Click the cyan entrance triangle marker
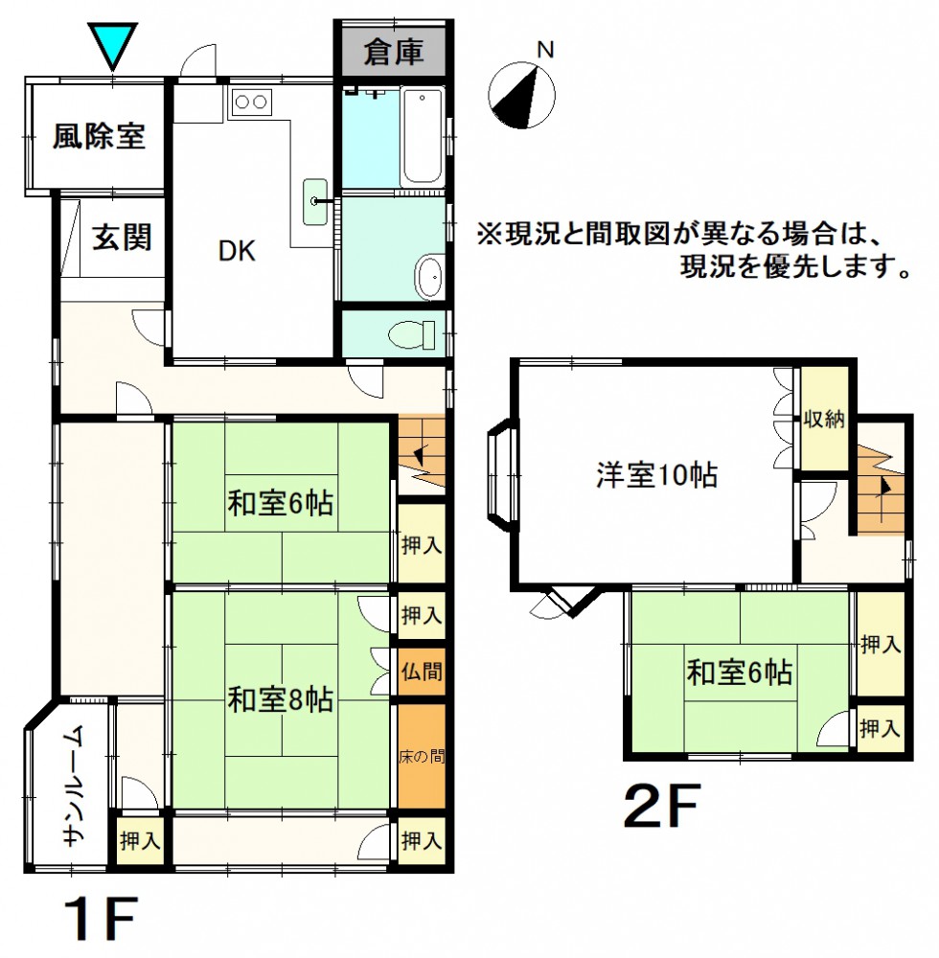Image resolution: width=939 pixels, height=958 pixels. click(x=112, y=44)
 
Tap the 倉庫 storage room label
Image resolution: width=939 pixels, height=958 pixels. click(x=394, y=52)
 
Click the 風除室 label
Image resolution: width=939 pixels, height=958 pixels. click(x=99, y=136)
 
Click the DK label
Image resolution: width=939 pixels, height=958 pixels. click(x=237, y=250)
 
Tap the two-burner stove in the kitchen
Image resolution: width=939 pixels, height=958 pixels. click(x=250, y=103)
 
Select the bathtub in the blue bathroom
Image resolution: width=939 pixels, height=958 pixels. click(x=423, y=136)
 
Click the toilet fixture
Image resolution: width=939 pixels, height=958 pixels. click(x=412, y=334)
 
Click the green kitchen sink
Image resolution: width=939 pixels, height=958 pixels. click(x=315, y=201)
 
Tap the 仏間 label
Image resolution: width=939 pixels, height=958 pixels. click(x=422, y=672)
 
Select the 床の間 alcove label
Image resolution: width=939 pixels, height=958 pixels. click(x=422, y=757)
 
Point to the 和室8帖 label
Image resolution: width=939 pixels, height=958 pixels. click(x=281, y=699)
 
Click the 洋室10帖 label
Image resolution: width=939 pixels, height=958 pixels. click(x=656, y=475)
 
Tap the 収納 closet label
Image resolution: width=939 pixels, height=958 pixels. click(x=824, y=420)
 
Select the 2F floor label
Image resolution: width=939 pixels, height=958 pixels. click(x=660, y=807)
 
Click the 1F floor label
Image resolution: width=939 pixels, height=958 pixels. click(x=102, y=919)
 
